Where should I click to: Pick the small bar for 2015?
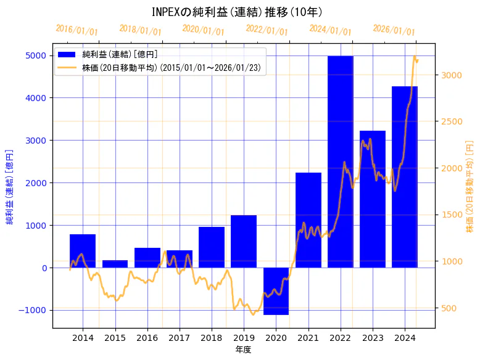pyautogui.click(x=115, y=264)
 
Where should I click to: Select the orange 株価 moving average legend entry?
pyautogui.click(x=172, y=67)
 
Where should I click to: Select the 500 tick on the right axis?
pyautogui.click(x=449, y=308)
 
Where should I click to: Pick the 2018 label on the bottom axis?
pyautogui.click(x=212, y=338)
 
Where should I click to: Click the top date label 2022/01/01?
pyautogui.click(x=267, y=30)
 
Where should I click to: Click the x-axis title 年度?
pyautogui.click(x=243, y=350)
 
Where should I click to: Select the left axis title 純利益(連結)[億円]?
pyautogui.click(x=9, y=186)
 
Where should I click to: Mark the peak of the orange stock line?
pyautogui.click(x=415, y=57)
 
